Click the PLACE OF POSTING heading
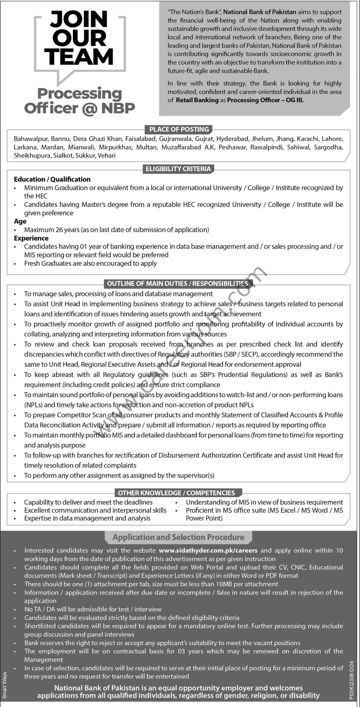[x=179, y=129]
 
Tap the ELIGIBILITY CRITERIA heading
[x=178, y=169]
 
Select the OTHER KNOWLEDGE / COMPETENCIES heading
[x=176, y=493]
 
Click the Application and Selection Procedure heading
[x=178, y=537]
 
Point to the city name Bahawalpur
[x=31, y=139]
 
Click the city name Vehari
[x=107, y=155]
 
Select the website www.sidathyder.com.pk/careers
[x=208, y=550]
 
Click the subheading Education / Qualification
[x=52, y=179]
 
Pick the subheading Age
[x=20, y=221]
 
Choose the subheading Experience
[x=31, y=238]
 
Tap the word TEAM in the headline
[x=79, y=57]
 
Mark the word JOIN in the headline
[x=79, y=19]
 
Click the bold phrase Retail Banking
[x=197, y=100]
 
